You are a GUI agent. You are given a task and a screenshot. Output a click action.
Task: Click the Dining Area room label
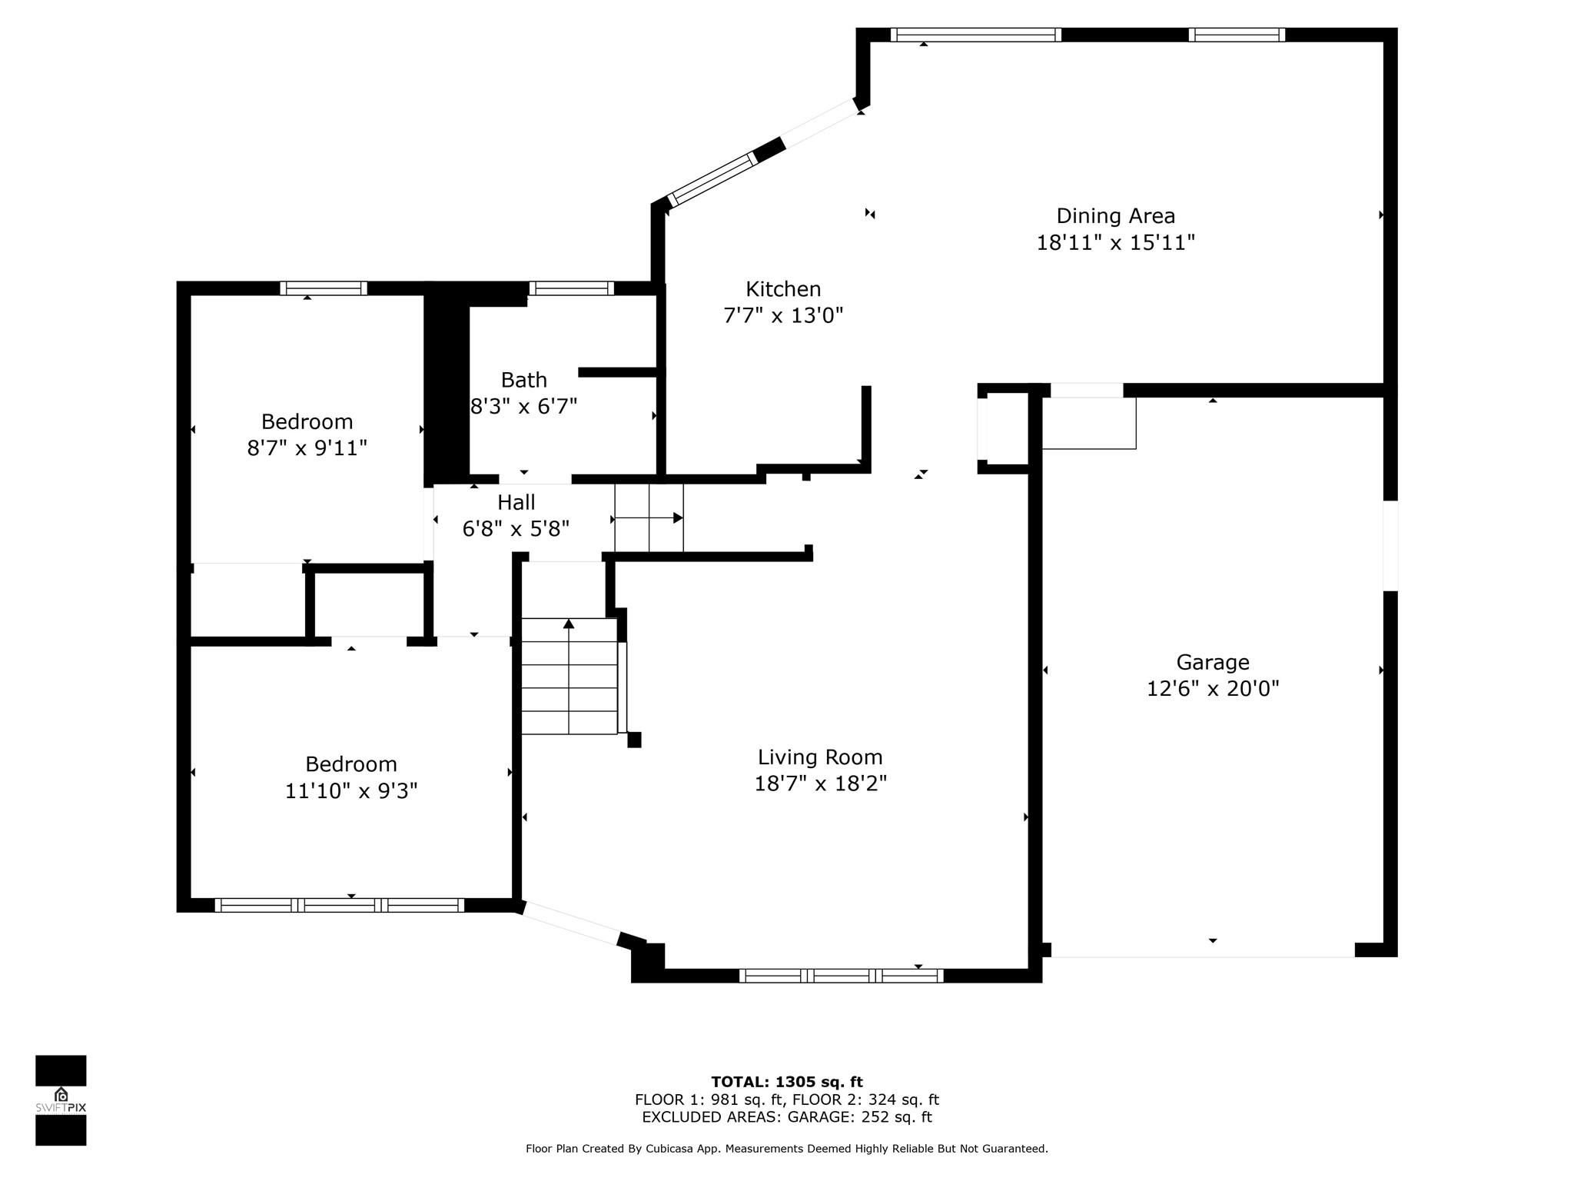pyautogui.click(x=1115, y=216)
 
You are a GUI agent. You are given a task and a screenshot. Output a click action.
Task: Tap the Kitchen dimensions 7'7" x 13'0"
pyautogui.click(x=783, y=315)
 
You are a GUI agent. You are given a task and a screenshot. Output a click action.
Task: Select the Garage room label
pyautogui.click(x=1213, y=663)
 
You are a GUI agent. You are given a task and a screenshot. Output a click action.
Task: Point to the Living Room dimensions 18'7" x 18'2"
pyautogui.click(x=820, y=783)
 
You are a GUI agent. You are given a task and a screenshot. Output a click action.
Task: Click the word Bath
pyautogui.click(x=524, y=380)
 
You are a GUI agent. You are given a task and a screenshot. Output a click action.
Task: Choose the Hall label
pyautogui.click(x=516, y=503)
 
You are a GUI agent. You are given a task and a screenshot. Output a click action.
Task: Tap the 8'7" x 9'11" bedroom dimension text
pyautogui.click(x=307, y=447)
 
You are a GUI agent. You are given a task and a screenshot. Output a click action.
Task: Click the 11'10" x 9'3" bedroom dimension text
pyautogui.click(x=351, y=790)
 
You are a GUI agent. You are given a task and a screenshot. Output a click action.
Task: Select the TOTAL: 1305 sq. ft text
pyautogui.click(x=787, y=1082)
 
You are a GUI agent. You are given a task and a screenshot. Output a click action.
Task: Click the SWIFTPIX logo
pyautogui.click(x=61, y=1100)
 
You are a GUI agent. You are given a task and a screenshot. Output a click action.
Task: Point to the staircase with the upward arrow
pyautogui.click(x=569, y=676)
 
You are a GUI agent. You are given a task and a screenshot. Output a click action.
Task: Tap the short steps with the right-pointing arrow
pyautogui.click(x=649, y=518)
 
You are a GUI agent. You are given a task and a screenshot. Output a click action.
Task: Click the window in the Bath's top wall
pyautogui.click(x=571, y=288)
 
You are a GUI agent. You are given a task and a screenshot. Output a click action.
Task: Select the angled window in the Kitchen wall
pyautogui.click(x=712, y=180)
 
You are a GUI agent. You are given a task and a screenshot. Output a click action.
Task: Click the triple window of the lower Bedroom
pyautogui.click(x=340, y=905)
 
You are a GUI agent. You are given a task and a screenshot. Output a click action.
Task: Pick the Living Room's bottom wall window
pyautogui.click(x=842, y=976)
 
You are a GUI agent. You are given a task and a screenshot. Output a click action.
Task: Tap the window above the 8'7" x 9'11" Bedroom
pyautogui.click(x=324, y=288)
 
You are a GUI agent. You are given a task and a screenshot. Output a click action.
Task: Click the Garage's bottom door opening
pyautogui.click(x=1203, y=950)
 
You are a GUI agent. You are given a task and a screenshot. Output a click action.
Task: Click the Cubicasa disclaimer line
pyautogui.click(x=787, y=1149)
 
